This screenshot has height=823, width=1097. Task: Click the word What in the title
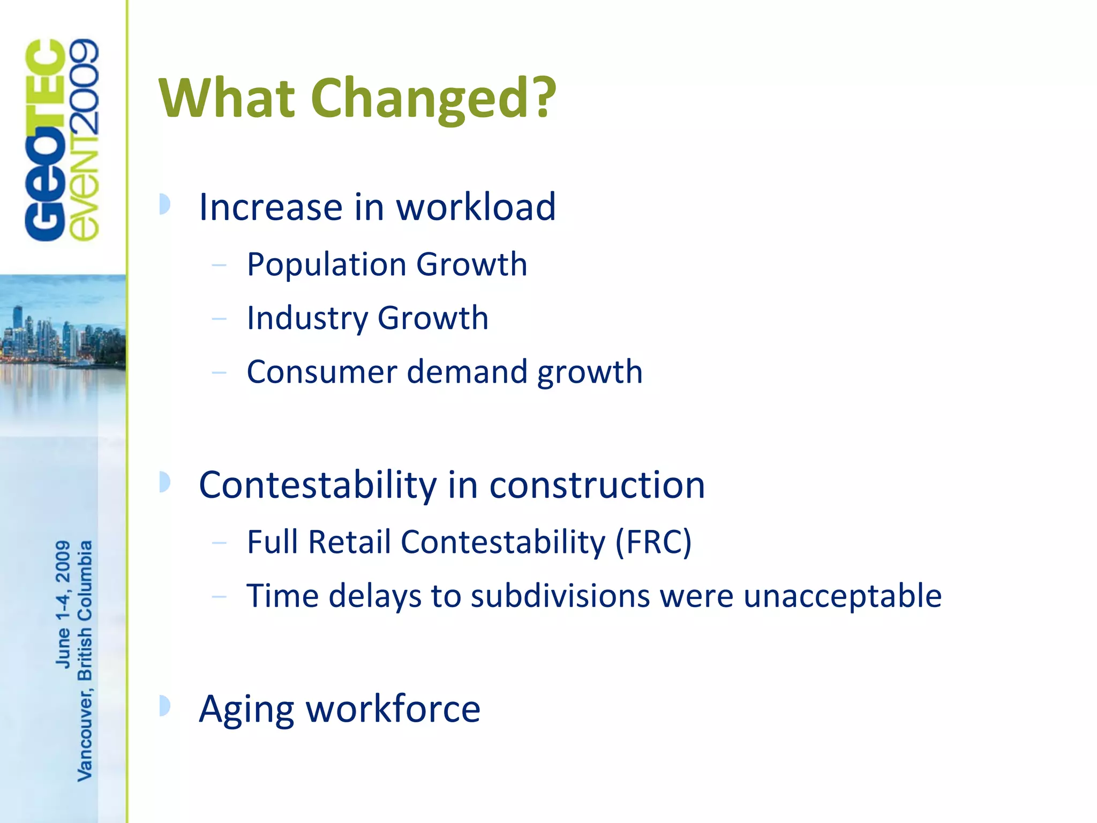tap(227, 98)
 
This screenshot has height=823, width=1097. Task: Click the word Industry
tap(306, 318)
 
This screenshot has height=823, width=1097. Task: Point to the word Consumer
tap(321, 372)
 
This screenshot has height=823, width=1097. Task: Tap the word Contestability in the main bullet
tap(318, 485)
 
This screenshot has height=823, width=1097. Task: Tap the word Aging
tap(246, 709)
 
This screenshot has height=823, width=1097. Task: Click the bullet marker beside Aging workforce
tap(165, 706)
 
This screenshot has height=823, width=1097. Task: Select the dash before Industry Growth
tap(219, 319)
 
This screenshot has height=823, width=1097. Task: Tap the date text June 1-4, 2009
tap(63, 604)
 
